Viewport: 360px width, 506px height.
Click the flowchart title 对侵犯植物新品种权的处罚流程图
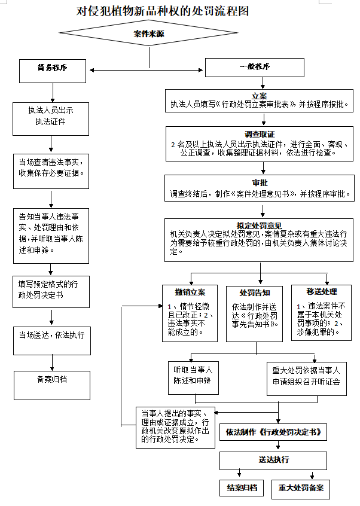(162, 11)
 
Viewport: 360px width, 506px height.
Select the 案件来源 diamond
(148, 35)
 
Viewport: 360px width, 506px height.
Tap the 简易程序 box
(51, 68)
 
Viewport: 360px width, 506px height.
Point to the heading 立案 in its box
(259, 96)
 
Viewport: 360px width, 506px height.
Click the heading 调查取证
(259, 134)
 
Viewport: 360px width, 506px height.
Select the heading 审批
(259, 183)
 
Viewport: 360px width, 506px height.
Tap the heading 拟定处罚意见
(259, 225)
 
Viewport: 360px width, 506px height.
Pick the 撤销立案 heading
(190, 292)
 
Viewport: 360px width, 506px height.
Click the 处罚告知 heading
(255, 292)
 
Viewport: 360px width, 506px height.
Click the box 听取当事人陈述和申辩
(193, 376)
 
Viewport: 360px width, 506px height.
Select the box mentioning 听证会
(306, 376)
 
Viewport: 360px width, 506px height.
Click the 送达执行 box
(273, 460)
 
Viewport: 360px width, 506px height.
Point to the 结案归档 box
(242, 488)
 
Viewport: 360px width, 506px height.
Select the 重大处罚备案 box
(300, 488)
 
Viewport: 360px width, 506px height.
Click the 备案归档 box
(51, 379)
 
